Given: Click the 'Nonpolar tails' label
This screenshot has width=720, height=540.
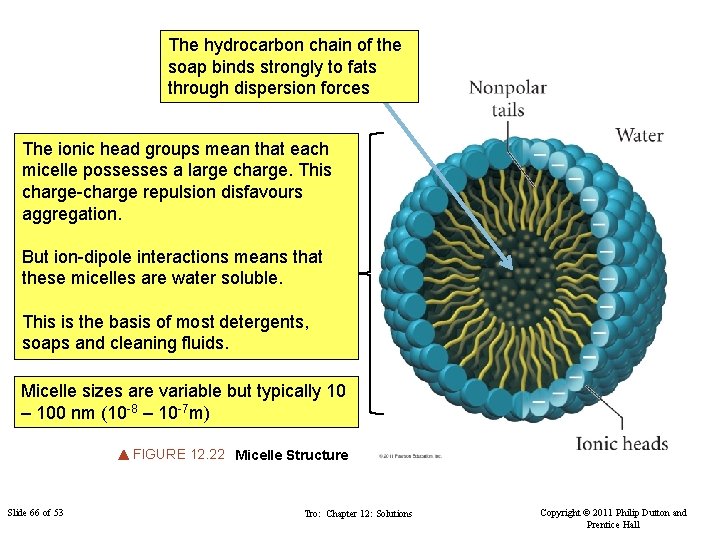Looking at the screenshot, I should coord(508,98).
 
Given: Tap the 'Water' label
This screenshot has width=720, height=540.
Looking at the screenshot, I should coord(639,135).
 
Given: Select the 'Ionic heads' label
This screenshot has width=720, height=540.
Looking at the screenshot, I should coord(621,444).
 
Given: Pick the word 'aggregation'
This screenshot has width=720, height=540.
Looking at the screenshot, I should coord(70,213).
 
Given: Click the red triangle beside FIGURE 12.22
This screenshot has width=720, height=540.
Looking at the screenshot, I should coord(123,455).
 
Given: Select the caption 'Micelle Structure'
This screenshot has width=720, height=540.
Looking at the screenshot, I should coord(291,455).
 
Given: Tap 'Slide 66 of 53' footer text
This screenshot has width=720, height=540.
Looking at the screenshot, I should coord(35,513).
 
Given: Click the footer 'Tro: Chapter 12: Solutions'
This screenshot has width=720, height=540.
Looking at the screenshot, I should coord(357,514).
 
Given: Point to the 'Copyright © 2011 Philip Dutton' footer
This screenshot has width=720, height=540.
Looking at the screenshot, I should coord(613,513).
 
